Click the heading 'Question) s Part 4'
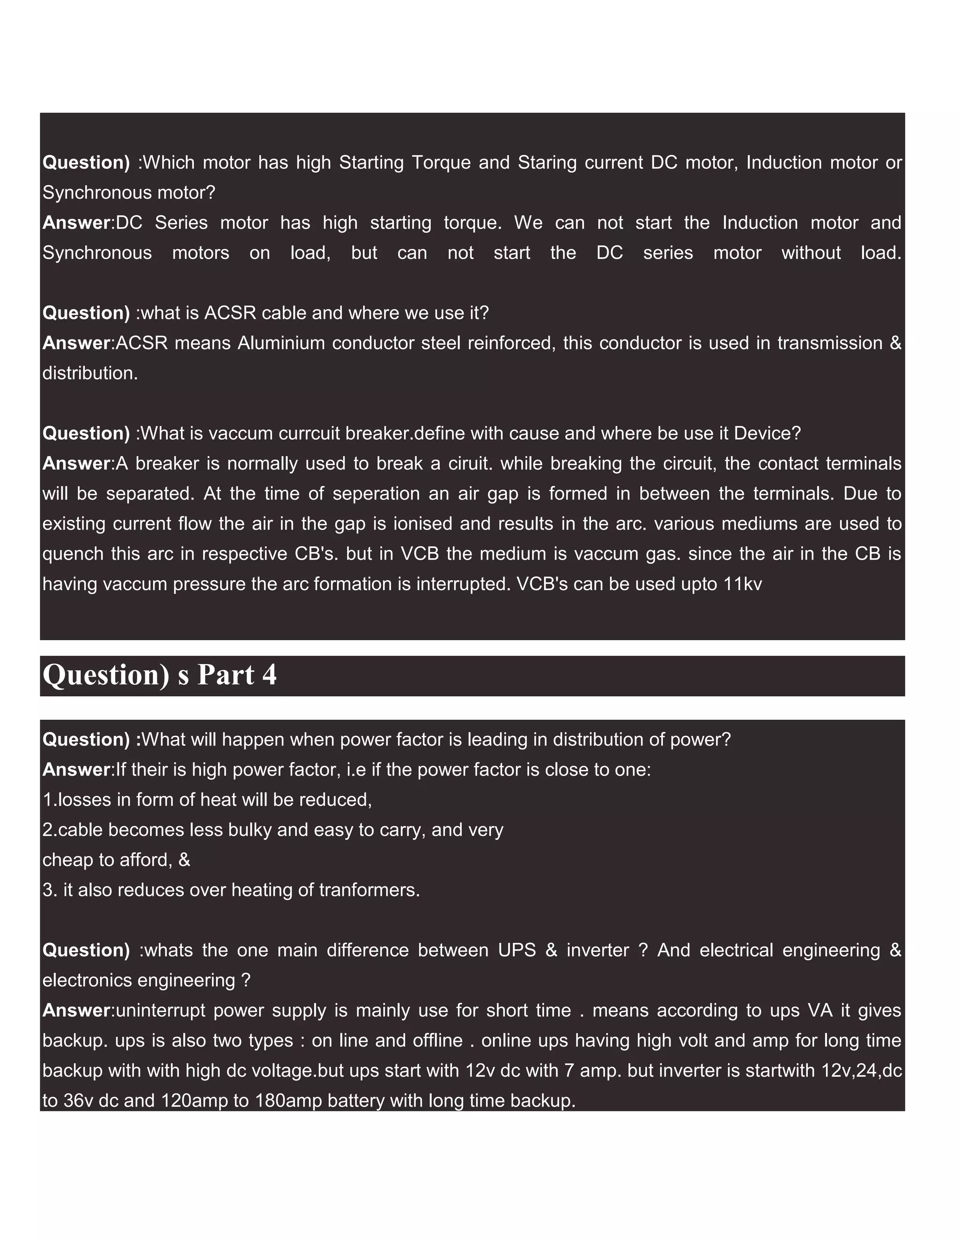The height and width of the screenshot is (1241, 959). (x=160, y=675)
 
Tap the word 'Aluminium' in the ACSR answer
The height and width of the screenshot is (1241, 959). (x=281, y=343)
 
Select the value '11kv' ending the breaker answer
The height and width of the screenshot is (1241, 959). (x=743, y=584)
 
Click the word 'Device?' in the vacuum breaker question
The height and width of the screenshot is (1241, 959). (x=767, y=434)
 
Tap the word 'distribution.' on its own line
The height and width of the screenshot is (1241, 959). (x=90, y=373)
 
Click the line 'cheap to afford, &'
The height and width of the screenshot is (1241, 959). (x=117, y=860)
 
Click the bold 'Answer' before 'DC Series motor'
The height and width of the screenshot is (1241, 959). (x=77, y=223)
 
